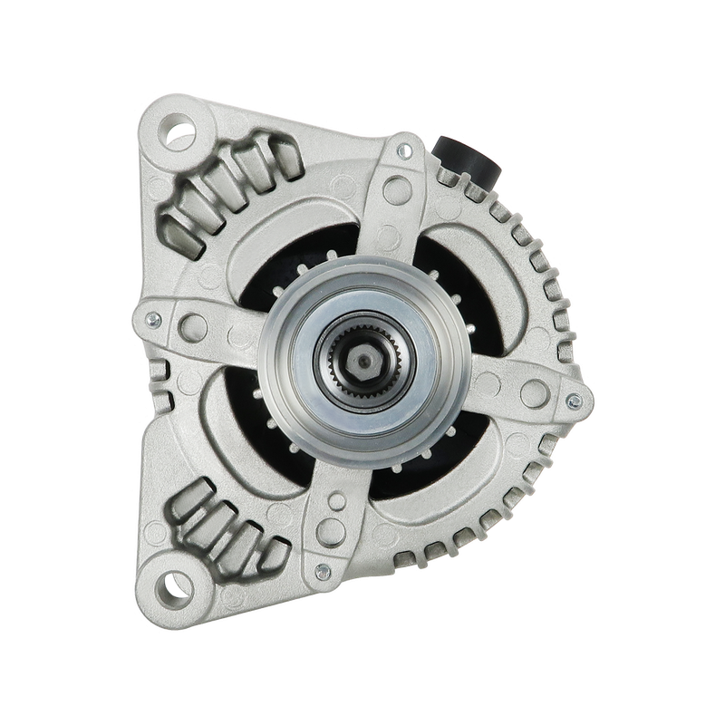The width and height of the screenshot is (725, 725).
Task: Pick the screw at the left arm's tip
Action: (151, 318)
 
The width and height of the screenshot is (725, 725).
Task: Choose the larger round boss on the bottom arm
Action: (337, 501)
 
